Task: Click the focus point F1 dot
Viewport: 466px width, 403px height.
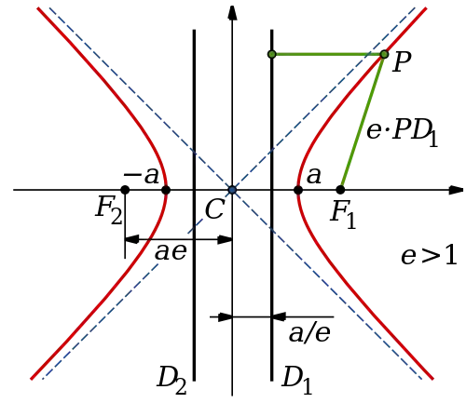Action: point(340,190)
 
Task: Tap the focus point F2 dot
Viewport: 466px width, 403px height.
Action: point(125,190)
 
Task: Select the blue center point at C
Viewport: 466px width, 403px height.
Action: point(232,190)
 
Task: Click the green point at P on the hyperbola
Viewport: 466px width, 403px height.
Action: point(384,54)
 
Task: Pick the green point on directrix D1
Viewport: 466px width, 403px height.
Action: point(272,54)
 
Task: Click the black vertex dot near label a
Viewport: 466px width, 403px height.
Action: point(298,190)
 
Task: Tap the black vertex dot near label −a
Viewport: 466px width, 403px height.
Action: point(166,190)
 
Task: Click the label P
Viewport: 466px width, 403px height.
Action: point(402,61)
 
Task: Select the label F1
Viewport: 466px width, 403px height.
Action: point(343,215)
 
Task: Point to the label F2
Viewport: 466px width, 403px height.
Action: point(109,211)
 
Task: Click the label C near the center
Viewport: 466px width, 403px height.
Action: point(214,208)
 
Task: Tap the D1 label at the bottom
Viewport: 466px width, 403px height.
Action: point(296,381)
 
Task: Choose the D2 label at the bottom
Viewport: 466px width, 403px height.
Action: point(171,381)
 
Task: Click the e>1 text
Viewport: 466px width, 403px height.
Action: point(429,256)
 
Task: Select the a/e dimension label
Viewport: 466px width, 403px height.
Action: point(309,333)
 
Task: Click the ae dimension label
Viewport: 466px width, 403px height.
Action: point(171,251)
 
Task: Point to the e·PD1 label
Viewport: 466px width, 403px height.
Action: point(403,132)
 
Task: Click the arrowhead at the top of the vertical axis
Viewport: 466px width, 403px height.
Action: point(232,13)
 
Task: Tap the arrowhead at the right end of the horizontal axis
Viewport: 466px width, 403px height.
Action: point(457,190)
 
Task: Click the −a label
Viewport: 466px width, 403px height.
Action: point(142,176)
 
